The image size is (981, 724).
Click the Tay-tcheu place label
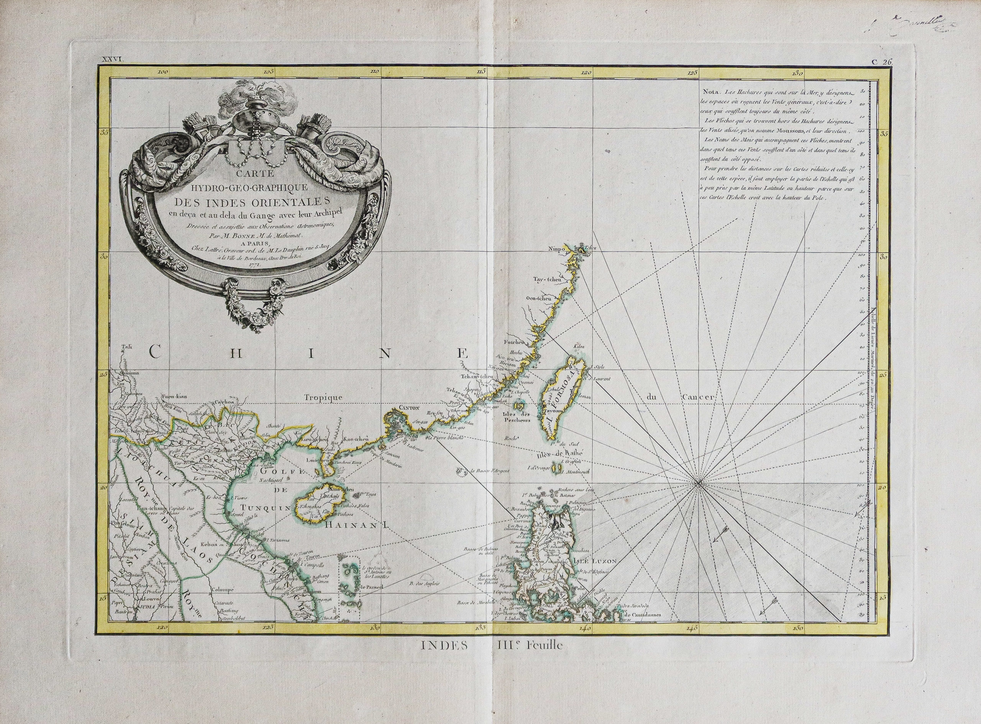(x=546, y=279)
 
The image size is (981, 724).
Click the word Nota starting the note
(x=711, y=93)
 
